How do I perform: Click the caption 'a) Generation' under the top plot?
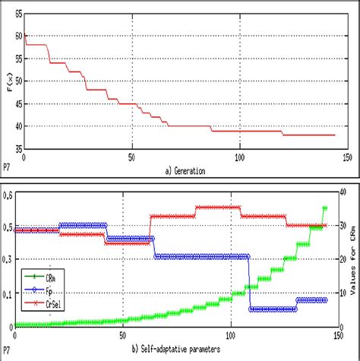pyautogui.click(x=185, y=170)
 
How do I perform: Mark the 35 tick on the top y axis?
pyautogui.click(x=17, y=148)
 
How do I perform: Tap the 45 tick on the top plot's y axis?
pyautogui.click(x=17, y=103)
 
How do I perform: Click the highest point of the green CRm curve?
pyautogui.click(x=325, y=207)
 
